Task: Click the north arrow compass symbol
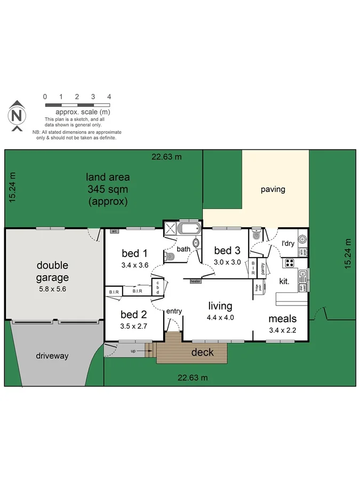pyautogui.click(x=17, y=116)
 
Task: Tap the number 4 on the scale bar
pyautogui.click(x=109, y=97)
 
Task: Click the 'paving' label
pyautogui.click(x=273, y=189)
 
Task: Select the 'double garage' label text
pyautogui.click(x=52, y=271)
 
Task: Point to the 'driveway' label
pyautogui.click(x=52, y=356)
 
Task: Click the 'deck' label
pyautogui.click(x=202, y=352)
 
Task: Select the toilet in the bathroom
pyautogui.click(x=170, y=257)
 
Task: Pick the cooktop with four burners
pyautogui.click(x=290, y=262)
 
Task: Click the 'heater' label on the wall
pyautogui.click(x=195, y=281)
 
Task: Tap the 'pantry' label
pyautogui.click(x=263, y=268)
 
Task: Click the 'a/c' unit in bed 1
pyautogui.click(x=114, y=231)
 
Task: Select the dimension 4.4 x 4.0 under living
pyautogui.click(x=221, y=317)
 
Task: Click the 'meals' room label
pyautogui.click(x=282, y=319)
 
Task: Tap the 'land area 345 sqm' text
pyautogui.click(x=108, y=189)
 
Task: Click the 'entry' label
pyautogui.click(x=174, y=311)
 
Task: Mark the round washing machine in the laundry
pyautogui.click(x=302, y=239)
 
